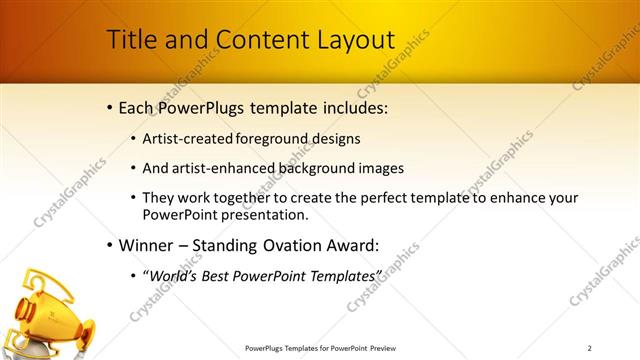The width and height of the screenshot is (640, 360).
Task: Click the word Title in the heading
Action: click(x=130, y=40)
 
